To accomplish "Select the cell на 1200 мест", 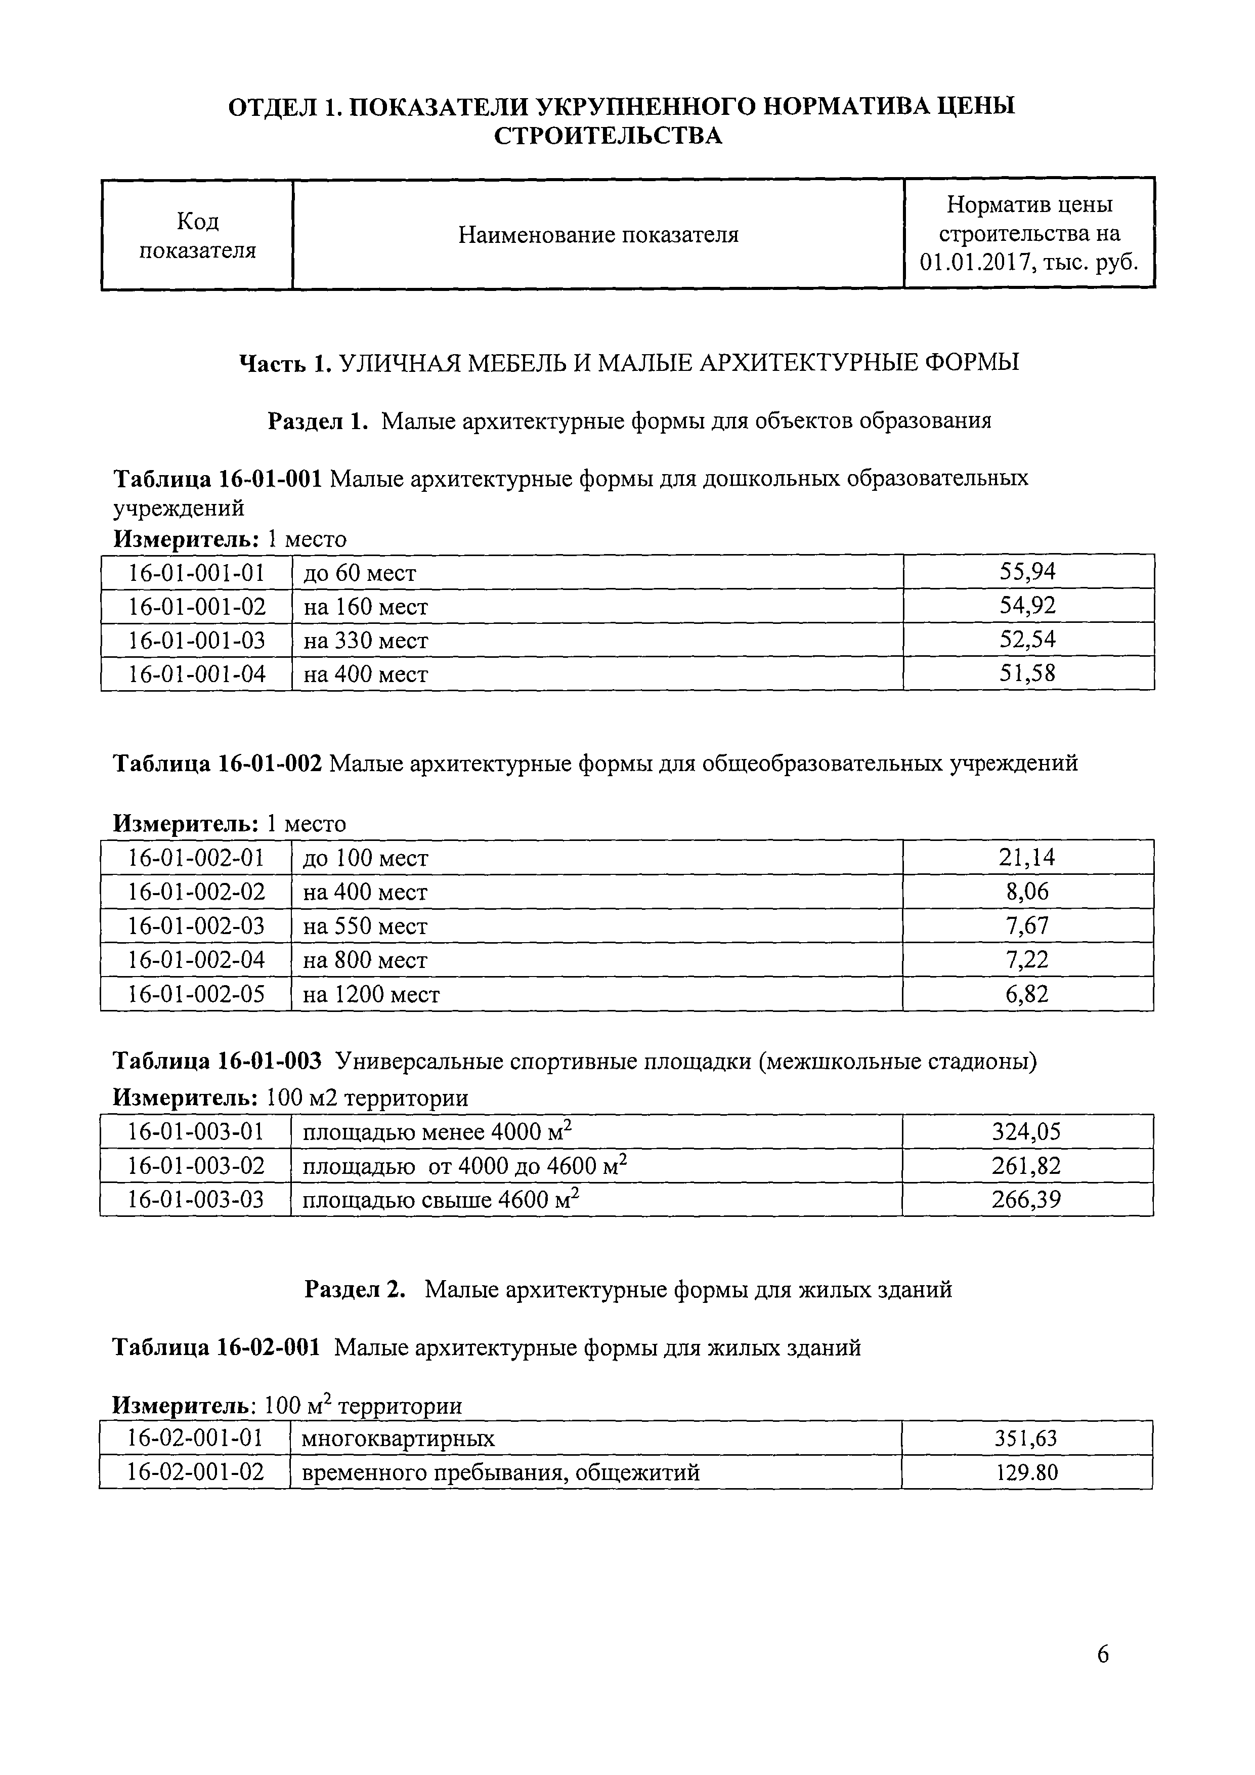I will pos(371,994).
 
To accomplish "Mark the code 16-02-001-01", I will pos(196,1438).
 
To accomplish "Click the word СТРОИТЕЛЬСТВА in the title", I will pos(608,136).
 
